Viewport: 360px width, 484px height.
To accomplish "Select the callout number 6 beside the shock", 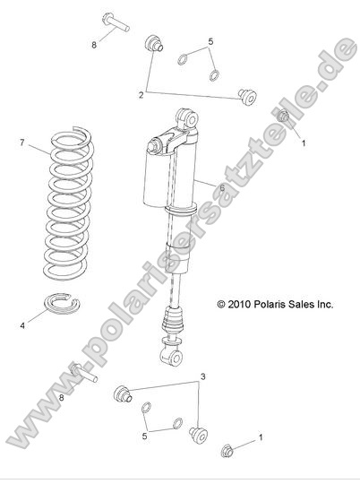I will point(220,186).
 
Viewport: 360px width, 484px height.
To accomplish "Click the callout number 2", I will point(141,93).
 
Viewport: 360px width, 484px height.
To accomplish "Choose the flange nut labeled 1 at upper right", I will point(284,117).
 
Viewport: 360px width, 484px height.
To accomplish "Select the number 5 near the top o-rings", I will point(210,42).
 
